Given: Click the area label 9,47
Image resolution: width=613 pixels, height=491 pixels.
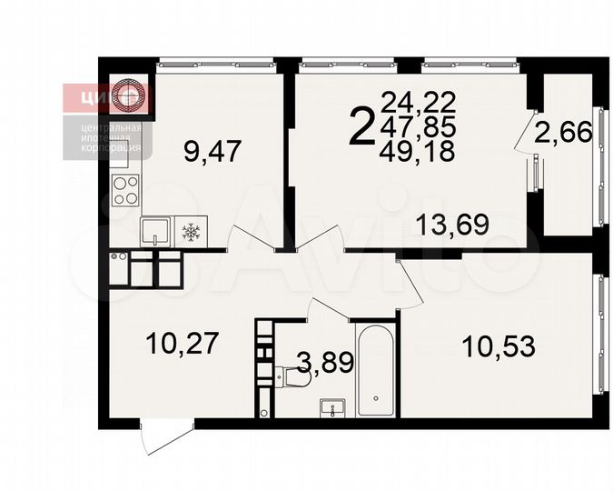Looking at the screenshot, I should point(212,150).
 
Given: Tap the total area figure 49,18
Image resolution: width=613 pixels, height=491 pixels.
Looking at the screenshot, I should point(419,151).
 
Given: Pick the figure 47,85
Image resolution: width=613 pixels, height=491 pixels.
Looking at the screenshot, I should point(419,125).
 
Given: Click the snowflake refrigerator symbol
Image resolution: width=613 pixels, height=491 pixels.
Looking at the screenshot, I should point(191,232).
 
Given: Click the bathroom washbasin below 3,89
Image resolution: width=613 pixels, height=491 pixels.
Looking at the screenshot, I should point(334,407).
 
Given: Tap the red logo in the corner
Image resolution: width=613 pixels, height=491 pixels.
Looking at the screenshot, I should point(109,95).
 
